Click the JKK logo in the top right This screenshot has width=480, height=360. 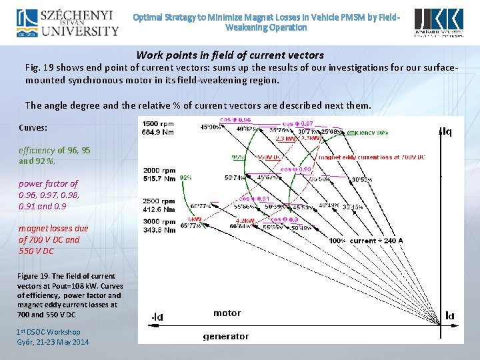pos(438,23)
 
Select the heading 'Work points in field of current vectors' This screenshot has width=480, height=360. pos(230,55)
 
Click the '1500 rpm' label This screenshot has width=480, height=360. pos(159,124)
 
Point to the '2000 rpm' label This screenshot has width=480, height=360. pos(159,171)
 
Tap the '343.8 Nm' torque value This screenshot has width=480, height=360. pos(159,230)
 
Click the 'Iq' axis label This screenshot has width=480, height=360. pos(445,132)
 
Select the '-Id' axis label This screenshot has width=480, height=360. pos(157,317)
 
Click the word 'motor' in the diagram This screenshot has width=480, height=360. pos(227,313)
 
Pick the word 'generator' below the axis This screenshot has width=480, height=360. pos(226,337)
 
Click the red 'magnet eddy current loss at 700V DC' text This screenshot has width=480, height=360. pos(371,157)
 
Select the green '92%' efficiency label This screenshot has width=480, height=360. pos(186,178)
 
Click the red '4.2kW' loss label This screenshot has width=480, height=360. pos(245,219)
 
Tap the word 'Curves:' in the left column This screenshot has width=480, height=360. pos(33,127)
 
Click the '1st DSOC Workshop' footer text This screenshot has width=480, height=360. pos(48,332)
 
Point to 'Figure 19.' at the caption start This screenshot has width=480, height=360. pos(33,276)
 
